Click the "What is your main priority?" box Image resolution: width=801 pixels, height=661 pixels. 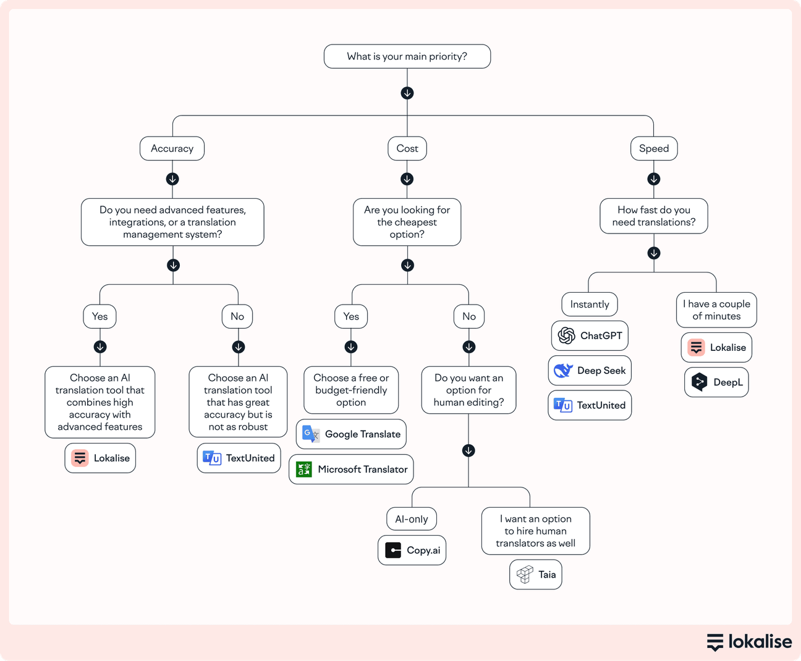tap(407, 56)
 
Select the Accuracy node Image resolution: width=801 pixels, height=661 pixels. tap(172, 148)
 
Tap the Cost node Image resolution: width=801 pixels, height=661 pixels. tap(407, 148)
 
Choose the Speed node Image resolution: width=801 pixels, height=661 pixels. tap(653, 148)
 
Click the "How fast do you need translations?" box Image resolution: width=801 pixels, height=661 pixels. tap(653, 216)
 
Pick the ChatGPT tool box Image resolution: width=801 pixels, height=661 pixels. tap(590, 335)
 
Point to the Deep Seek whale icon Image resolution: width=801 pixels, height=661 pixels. tap(563, 371)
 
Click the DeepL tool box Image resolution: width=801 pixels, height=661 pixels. tap(716, 382)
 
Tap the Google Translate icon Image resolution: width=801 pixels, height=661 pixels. tap(311, 434)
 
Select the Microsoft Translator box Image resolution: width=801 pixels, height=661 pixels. tap(351, 469)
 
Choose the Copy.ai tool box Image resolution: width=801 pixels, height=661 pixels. tap(412, 550)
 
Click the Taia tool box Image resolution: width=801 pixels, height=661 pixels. tap(535, 575)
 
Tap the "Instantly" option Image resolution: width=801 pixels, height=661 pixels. tap(589, 304)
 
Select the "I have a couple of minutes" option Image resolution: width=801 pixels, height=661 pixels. tap(716, 310)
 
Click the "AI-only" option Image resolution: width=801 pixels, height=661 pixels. tap(411, 519)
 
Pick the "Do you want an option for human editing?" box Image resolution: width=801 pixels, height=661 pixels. tap(468, 390)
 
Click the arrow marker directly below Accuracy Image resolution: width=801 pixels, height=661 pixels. tap(172, 179)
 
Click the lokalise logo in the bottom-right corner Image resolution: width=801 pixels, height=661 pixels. tap(748, 642)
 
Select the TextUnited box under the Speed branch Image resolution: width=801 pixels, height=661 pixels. tap(590, 405)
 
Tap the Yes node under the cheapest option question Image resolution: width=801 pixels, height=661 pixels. tap(350, 316)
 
